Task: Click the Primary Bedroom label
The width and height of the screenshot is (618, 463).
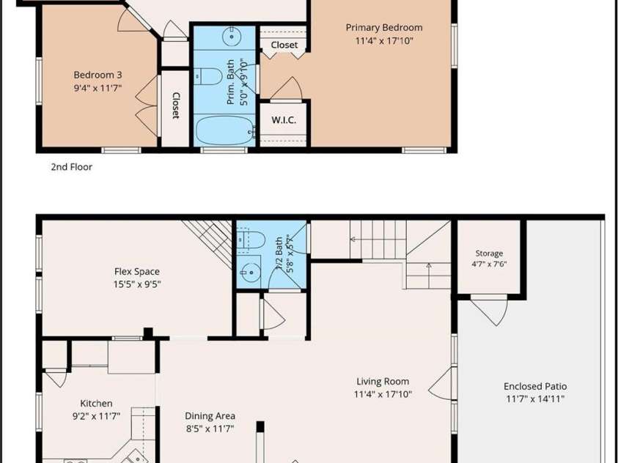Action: [x=384, y=28]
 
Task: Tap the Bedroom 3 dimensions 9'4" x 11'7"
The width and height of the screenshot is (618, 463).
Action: [x=98, y=88]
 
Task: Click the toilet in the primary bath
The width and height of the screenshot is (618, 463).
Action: [x=209, y=76]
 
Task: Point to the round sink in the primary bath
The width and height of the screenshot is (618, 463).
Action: [x=232, y=37]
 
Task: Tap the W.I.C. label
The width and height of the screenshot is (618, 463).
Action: [x=284, y=120]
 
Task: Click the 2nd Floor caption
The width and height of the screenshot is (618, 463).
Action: [x=71, y=167]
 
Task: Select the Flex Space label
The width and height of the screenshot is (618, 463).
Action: [x=137, y=271]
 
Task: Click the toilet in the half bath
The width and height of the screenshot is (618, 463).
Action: [x=251, y=240]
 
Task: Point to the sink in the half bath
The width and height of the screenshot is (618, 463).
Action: [x=249, y=272]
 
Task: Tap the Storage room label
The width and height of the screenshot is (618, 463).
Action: [x=489, y=253]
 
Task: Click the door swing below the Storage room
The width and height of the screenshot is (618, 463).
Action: [x=490, y=312]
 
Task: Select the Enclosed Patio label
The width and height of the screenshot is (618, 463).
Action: [x=535, y=386]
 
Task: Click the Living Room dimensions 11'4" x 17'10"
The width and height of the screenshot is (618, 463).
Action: [x=383, y=393]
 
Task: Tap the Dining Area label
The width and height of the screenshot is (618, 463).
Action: [x=210, y=416]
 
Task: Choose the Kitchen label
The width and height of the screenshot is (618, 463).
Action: [x=96, y=403]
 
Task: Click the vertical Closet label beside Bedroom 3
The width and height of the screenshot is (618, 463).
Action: [x=176, y=105]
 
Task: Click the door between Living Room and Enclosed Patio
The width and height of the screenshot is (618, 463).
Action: [x=441, y=383]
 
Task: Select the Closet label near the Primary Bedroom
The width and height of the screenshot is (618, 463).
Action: [x=284, y=45]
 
